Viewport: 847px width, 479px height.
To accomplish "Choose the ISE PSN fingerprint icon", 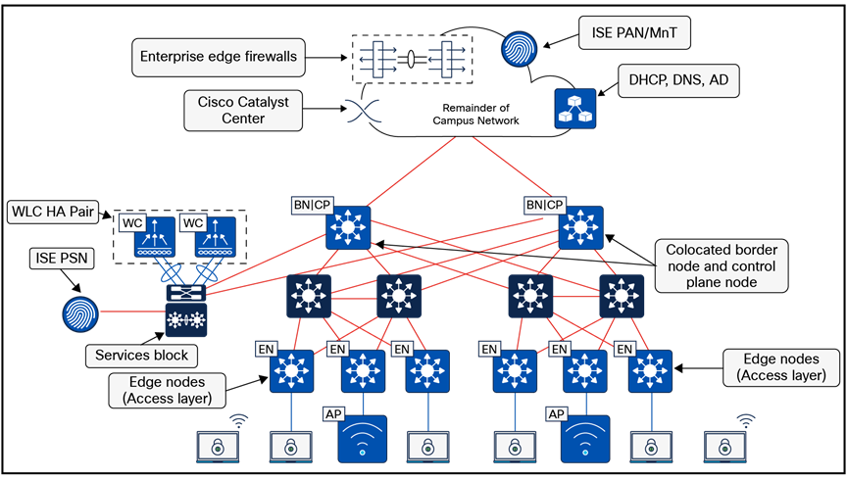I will coord(80,312).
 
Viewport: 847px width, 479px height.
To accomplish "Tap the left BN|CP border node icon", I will coord(348,228).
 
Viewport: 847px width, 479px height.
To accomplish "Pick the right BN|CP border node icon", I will coord(580,228).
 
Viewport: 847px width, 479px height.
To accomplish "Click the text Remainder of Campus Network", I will coord(473,113).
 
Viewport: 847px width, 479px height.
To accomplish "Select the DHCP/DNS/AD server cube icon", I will coord(574,109).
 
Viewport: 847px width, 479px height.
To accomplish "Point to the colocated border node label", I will coord(720,265).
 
